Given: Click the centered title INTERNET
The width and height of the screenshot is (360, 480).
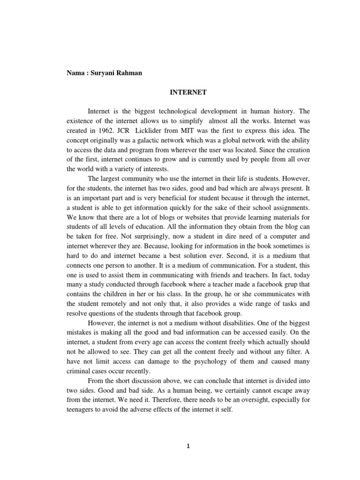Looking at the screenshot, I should coord(187,93).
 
